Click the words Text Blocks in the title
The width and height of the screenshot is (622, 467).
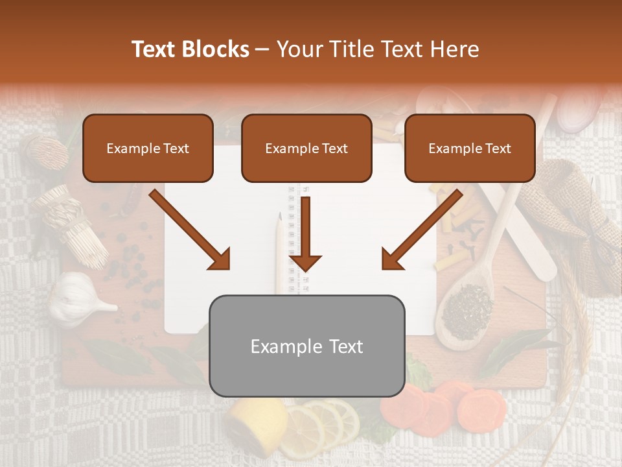click(190, 49)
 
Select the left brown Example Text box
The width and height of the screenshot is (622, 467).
click(148, 148)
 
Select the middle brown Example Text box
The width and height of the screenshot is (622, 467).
click(306, 148)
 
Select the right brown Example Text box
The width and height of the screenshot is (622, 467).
click(470, 148)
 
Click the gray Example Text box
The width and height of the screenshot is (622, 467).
click(306, 346)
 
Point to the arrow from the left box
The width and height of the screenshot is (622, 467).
click(190, 230)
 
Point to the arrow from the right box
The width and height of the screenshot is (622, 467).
click(422, 230)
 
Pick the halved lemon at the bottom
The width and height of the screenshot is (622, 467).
click(255, 425)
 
